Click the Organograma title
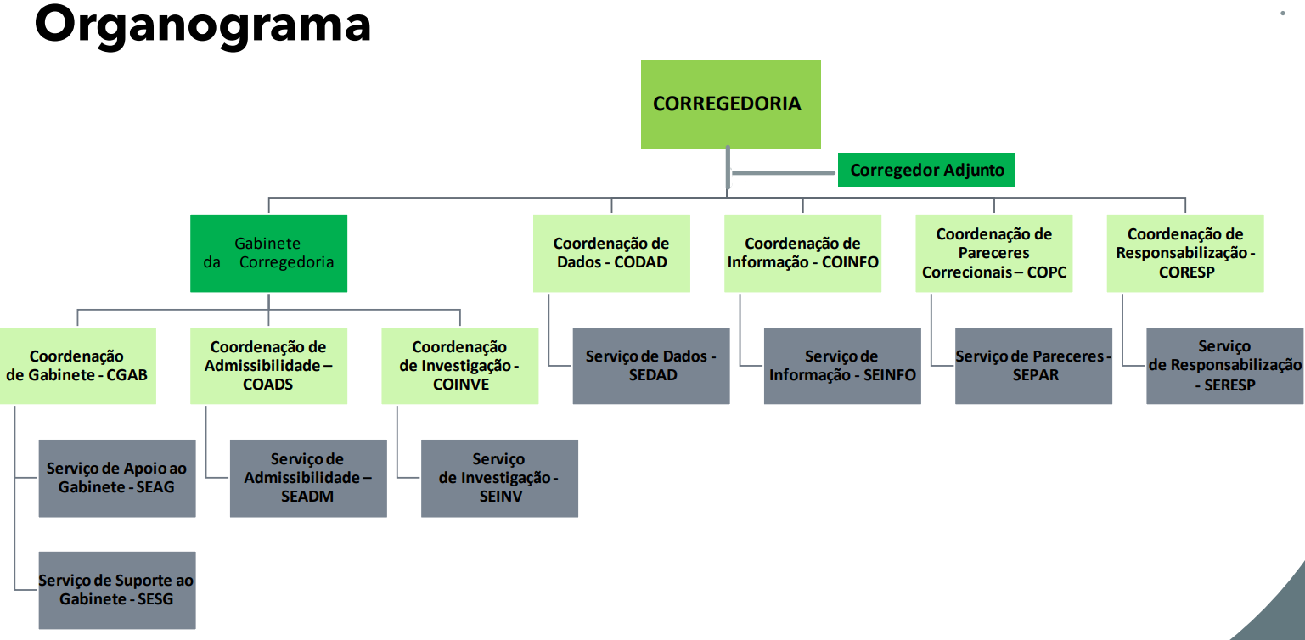202,25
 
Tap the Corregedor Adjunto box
926,170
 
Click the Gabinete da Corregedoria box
268,253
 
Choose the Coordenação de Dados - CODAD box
611,253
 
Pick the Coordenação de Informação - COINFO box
802,253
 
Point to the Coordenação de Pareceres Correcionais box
993,253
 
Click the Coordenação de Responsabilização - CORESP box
1185,253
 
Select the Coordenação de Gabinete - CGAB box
77,365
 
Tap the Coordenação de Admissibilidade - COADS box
268,365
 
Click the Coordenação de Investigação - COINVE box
459,365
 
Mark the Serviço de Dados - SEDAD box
651,365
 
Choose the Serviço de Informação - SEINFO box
842,365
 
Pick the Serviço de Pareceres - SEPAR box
1033,365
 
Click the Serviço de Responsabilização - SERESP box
1224,365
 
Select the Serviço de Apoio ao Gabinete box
117,478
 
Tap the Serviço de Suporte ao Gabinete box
117,590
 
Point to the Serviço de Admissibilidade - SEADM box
308,478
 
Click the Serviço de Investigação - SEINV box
499,478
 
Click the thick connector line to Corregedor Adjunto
783,172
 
